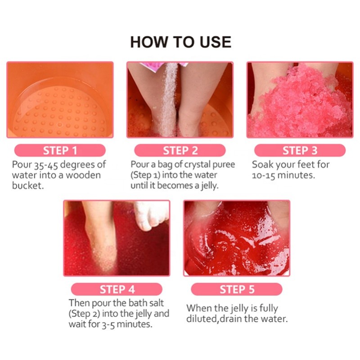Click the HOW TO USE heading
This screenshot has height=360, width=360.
pos(180,42)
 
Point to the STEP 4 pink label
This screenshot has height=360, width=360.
pos(117,289)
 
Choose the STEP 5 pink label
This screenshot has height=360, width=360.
pos(237,289)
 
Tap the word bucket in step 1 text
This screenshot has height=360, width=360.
pos(28,186)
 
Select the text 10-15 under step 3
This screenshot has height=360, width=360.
pos(265,175)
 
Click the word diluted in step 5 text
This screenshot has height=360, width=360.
pos(203,319)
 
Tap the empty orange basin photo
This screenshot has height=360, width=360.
pos(60,100)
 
